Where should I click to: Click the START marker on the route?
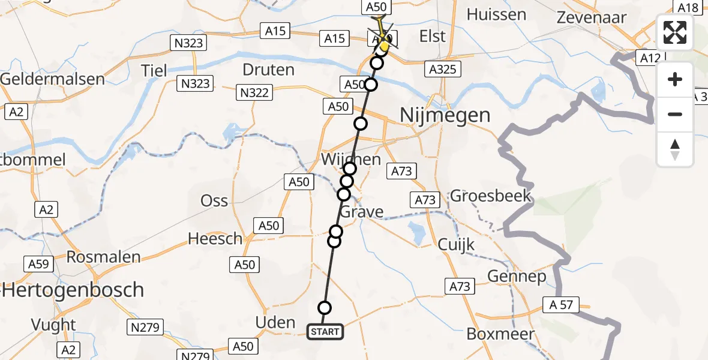pyautogui.click(x=325, y=331)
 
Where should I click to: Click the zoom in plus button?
pyautogui.click(x=675, y=80)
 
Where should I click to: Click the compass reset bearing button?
pyautogui.click(x=675, y=149)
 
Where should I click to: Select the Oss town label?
pyautogui.click(x=214, y=200)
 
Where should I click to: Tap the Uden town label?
pyautogui.click(x=275, y=322)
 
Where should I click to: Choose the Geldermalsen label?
pyautogui.click(x=52, y=79)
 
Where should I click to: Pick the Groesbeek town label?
pyautogui.click(x=491, y=196)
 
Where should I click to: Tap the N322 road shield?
pyautogui.click(x=255, y=92)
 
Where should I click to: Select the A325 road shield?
pyautogui.click(x=442, y=69)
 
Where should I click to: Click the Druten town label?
pyautogui.click(x=268, y=70)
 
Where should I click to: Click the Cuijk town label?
pyautogui.click(x=456, y=244)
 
